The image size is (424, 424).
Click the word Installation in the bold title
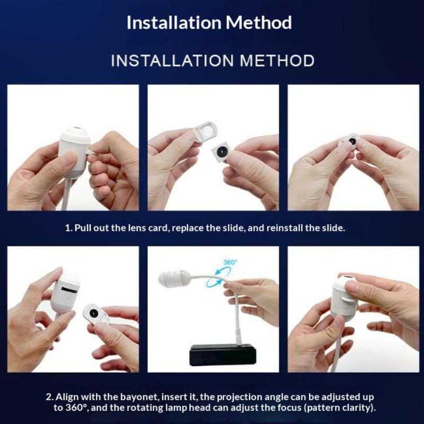(x=174, y=22)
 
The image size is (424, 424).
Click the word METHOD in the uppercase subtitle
(x=277, y=60)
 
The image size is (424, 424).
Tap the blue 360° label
(x=230, y=262)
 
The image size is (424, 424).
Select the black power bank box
(x=223, y=355)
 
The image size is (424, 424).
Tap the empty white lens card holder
(x=206, y=131)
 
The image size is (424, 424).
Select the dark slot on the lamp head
(x=70, y=289)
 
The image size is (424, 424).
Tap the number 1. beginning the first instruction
(x=69, y=228)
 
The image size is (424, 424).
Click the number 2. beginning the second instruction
(x=50, y=397)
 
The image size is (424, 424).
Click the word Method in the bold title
(x=259, y=22)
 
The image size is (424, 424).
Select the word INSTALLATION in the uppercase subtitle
(x=172, y=60)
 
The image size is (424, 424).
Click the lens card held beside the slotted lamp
(x=95, y=314)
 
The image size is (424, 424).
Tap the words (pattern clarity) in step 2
(x=340, y=408)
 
